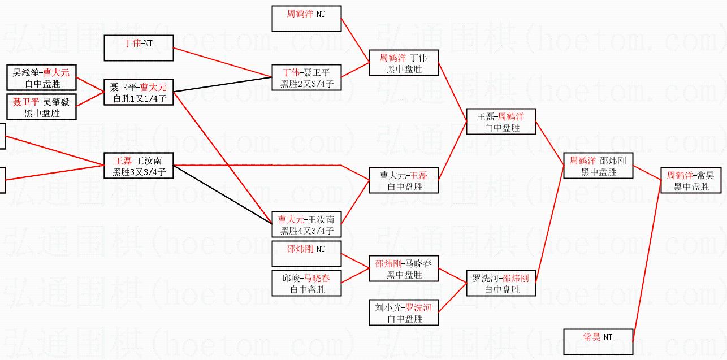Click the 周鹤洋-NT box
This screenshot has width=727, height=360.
point(306,19)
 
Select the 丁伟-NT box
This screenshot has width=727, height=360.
point(139,47)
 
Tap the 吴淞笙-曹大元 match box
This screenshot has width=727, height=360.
point(41,77)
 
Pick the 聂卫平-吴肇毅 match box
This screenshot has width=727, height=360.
point(41,107)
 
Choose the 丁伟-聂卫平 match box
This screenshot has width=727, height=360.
point(306,78)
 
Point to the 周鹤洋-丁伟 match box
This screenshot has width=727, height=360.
point(404,63)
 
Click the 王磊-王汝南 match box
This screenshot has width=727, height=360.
point(139,166)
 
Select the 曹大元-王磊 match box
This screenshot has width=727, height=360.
point(404,180)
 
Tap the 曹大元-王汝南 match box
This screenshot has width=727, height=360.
point(306,224)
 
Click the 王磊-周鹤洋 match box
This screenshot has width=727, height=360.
point(501,122)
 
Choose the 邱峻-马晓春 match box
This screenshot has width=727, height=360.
point(306,283)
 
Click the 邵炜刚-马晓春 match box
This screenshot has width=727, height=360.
point(404,268)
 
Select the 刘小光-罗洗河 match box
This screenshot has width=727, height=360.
point(404,313)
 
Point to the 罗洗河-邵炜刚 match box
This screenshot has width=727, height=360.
point(501,283)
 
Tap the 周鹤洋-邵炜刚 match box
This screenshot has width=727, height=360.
point(598,166)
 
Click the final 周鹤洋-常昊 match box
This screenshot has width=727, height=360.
point(691,180)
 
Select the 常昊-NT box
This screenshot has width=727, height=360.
point(598,341)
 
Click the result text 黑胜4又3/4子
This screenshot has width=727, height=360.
point(306,231)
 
